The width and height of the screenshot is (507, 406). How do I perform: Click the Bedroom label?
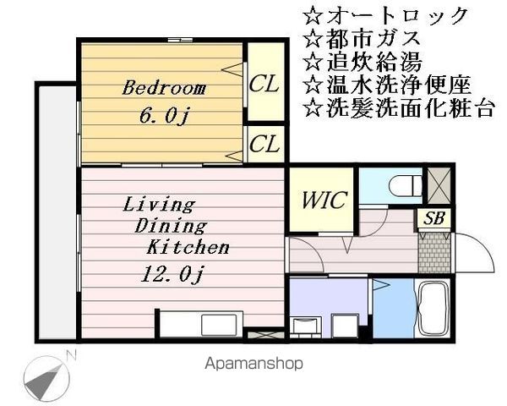coord(164,87)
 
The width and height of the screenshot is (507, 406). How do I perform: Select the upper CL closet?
coord(264,84)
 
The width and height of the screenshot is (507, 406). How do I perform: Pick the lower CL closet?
coord(264,144)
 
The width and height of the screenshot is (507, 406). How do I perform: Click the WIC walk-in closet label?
coord(321,200)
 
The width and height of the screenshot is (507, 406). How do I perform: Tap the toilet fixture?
coord(405,184)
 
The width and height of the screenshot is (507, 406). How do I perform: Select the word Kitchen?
coord(188,248)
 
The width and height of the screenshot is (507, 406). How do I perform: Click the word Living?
coord(159,204)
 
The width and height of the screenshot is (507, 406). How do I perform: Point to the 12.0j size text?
coord(173,273)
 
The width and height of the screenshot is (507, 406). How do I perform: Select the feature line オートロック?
coord(384,15)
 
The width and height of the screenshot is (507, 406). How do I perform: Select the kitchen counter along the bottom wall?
coord(199,323)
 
